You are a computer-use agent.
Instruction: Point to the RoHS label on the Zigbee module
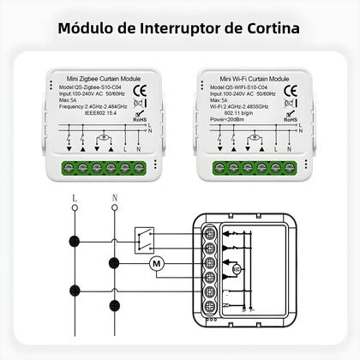(146, 122)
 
